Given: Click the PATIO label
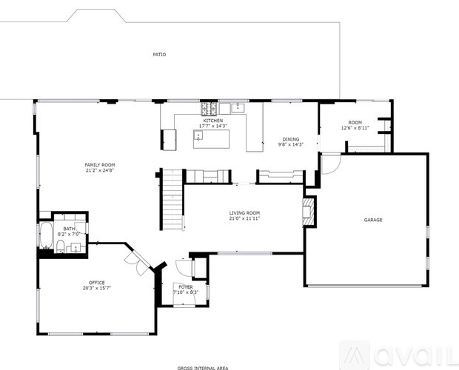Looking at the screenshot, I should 159,54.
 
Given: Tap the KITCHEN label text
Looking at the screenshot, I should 213,121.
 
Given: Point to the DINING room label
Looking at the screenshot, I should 291,139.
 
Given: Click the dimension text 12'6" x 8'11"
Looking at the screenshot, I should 355,128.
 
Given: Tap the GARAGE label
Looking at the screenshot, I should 373,220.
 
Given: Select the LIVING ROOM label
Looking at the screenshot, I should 244,213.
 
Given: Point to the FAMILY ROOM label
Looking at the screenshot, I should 99,165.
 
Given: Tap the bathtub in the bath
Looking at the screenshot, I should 45,235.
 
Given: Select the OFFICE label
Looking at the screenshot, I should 96,282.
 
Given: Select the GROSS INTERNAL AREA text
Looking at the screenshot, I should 202,367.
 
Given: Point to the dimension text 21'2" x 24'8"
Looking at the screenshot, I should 99,171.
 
